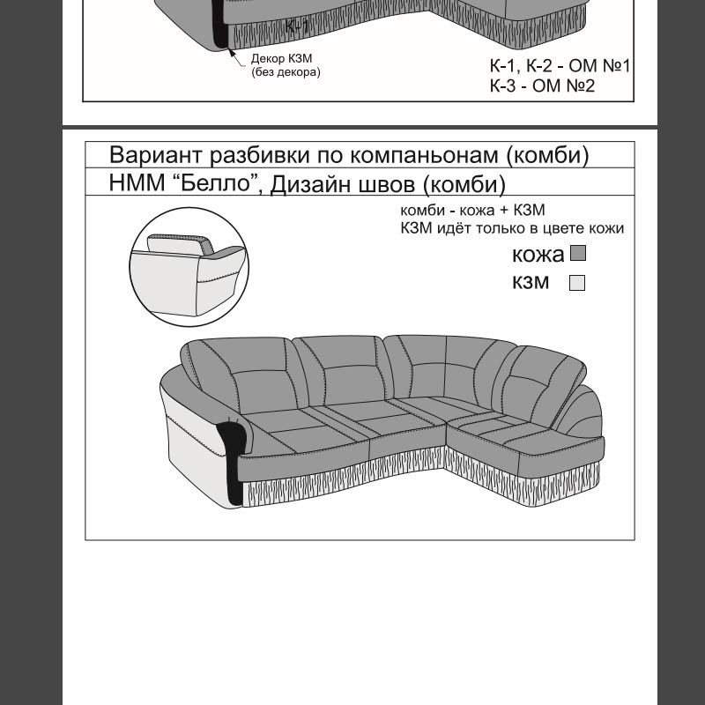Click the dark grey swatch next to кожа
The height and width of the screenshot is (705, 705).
(x=578, y=253)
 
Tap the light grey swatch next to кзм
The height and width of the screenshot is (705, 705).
(x=577, y=283)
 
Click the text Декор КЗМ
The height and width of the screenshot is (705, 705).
(x=281, y=58)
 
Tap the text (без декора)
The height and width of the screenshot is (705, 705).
(x=286, y=72)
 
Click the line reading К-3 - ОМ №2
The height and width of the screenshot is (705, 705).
(x=542, y=85)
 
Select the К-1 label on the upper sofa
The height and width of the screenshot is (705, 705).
(x=297, y=26)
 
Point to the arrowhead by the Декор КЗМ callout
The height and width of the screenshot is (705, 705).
(x=232, y=53)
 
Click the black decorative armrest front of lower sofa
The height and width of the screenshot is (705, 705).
(x=232, y=458)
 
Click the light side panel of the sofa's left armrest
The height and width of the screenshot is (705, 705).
(x=197, y=454)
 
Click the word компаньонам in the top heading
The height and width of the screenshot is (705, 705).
(x=424, y=156)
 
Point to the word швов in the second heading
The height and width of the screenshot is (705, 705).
(x=387, y=184)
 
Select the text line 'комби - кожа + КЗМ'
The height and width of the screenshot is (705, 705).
(x=472, y=210)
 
